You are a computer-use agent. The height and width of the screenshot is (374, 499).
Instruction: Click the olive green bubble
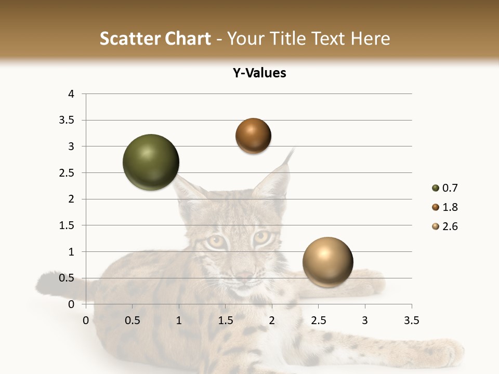[x=151, y=162]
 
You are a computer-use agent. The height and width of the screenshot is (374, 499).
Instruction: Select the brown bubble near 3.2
[x=253, y=136]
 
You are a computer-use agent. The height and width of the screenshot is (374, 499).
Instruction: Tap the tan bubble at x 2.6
[x=327, y=262]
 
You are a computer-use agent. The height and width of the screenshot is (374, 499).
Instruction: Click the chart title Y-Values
[x=259, y=73]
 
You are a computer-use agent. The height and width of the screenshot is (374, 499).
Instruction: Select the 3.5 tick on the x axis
[x=411, y=320]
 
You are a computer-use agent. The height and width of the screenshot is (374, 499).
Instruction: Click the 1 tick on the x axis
[x=179, y=320]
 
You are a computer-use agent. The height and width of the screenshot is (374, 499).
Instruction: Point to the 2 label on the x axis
[x=272, y=320]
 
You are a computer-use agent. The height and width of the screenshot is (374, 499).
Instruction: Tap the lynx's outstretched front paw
[x=442, y=353]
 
